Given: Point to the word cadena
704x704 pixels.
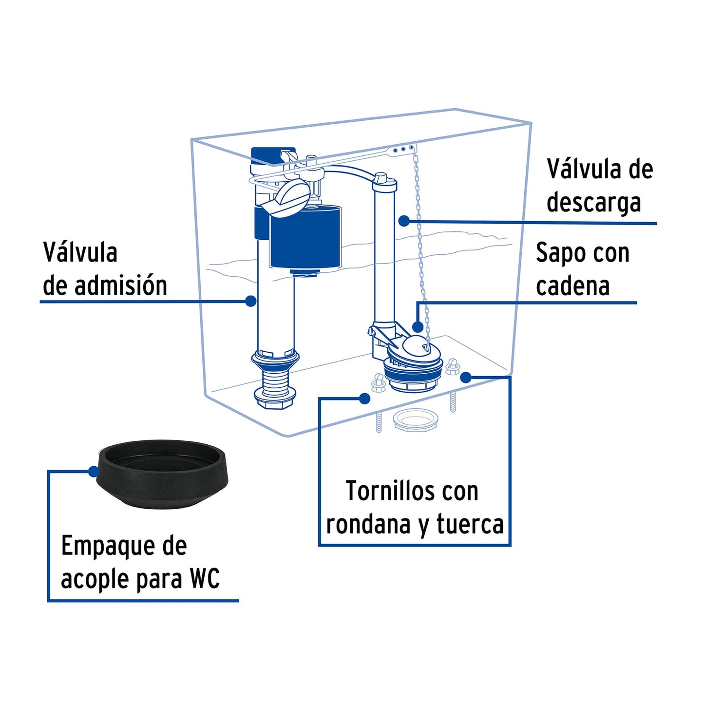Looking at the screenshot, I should point(573,286).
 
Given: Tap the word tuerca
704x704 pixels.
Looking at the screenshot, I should point(470,524).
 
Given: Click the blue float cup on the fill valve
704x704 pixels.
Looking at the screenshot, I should point(305,237).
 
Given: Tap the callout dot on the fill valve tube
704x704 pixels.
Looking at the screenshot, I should point(251,301).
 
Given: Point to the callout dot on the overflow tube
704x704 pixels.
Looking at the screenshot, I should point(404,221).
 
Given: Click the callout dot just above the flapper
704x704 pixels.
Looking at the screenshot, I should point(418,326).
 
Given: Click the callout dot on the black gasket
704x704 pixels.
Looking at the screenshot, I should point(94,471).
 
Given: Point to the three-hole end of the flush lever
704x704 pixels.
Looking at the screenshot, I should point(402,150).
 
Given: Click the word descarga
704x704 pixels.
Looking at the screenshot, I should point(593,203).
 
